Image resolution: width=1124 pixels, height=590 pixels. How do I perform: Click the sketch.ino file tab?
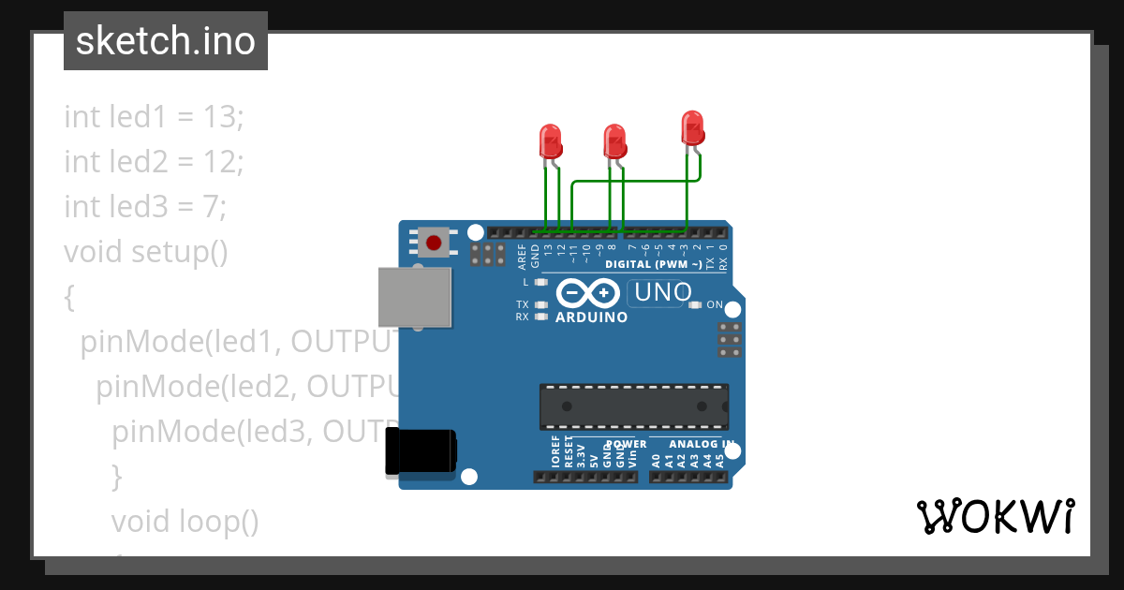click(166, 41)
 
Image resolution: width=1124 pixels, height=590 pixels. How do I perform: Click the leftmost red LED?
click(550, 142)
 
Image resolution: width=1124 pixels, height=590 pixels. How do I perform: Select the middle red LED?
click(614, 142)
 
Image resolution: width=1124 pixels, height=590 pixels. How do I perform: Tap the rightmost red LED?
click(691, 128)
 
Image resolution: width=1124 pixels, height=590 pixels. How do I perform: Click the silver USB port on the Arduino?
click(414, 297)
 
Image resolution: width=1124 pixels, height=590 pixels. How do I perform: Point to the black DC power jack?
click(421, 451)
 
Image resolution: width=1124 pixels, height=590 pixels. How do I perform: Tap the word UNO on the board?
click(663, 293)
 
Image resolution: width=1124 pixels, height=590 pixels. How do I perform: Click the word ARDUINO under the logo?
click(591, 317)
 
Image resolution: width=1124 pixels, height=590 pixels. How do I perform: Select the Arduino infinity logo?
click(587, 293)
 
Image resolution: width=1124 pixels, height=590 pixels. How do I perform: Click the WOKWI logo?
click(995, 516)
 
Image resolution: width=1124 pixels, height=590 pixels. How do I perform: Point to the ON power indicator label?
click(715, 305)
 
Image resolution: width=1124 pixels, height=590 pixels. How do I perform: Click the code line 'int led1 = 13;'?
click(154, 117)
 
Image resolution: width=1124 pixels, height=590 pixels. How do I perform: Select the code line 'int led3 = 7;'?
click(145, 206)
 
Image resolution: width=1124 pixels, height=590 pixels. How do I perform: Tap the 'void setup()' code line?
click(146, 252)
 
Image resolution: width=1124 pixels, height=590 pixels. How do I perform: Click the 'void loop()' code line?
click(185, 521)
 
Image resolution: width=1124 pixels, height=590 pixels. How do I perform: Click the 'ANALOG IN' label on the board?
click(702, 444)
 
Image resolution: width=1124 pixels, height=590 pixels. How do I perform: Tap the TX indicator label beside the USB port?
click(523, 304)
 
